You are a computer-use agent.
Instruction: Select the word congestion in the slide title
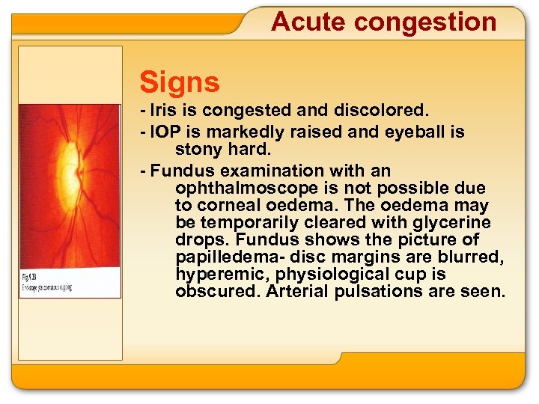coord(425,22)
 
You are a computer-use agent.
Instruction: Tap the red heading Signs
coord(180,82)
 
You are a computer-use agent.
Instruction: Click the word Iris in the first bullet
coord(164,111)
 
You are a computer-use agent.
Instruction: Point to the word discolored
coord(384,111)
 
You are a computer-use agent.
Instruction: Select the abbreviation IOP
coord(165,132)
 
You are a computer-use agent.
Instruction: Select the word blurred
coord(472,257)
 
